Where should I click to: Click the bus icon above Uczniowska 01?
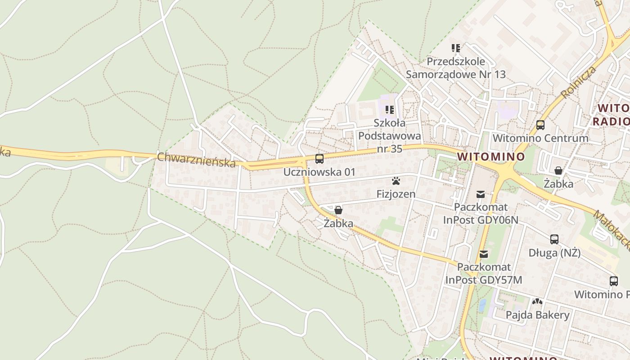pyautogui.click(x=319, y=158)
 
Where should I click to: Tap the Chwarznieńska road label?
pyautogui.click(x=196, y=160)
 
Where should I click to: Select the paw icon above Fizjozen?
pyautogui.click(x=396, y=181)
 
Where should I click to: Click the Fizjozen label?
pyautogui.click(x=396, y=194)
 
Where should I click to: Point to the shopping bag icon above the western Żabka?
pyautogui.click(x=338, y=210)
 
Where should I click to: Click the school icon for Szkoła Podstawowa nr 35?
pyautogui.click(x=390, y=109)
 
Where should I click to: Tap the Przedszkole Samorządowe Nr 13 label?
pyautogui.click(x=456, y=68)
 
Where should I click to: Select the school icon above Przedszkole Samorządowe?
pyautogui.click(x=456, y=48)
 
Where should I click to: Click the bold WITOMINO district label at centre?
pyautogui.click(x=490, y=157)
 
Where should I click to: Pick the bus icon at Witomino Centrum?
pyautogui.click(x=540, y=125)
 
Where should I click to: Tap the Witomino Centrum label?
pyautogui.click(x=540, y=138)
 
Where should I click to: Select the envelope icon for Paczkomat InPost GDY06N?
pyautogui.click(x=481, y=194)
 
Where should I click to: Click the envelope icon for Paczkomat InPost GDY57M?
pyautogui.click(x=484, y=254)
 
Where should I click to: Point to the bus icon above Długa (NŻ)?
pyautogui.click(x=554, y=239)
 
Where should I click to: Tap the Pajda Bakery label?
pyautogui.click(x=537, y=315)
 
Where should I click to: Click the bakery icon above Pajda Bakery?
pyautogui.click(x=537, y=301)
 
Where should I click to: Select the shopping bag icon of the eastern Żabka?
pyautogui.click(x=558, y=171)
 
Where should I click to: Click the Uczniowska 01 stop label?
pyautogui.click(x=319, y=172)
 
